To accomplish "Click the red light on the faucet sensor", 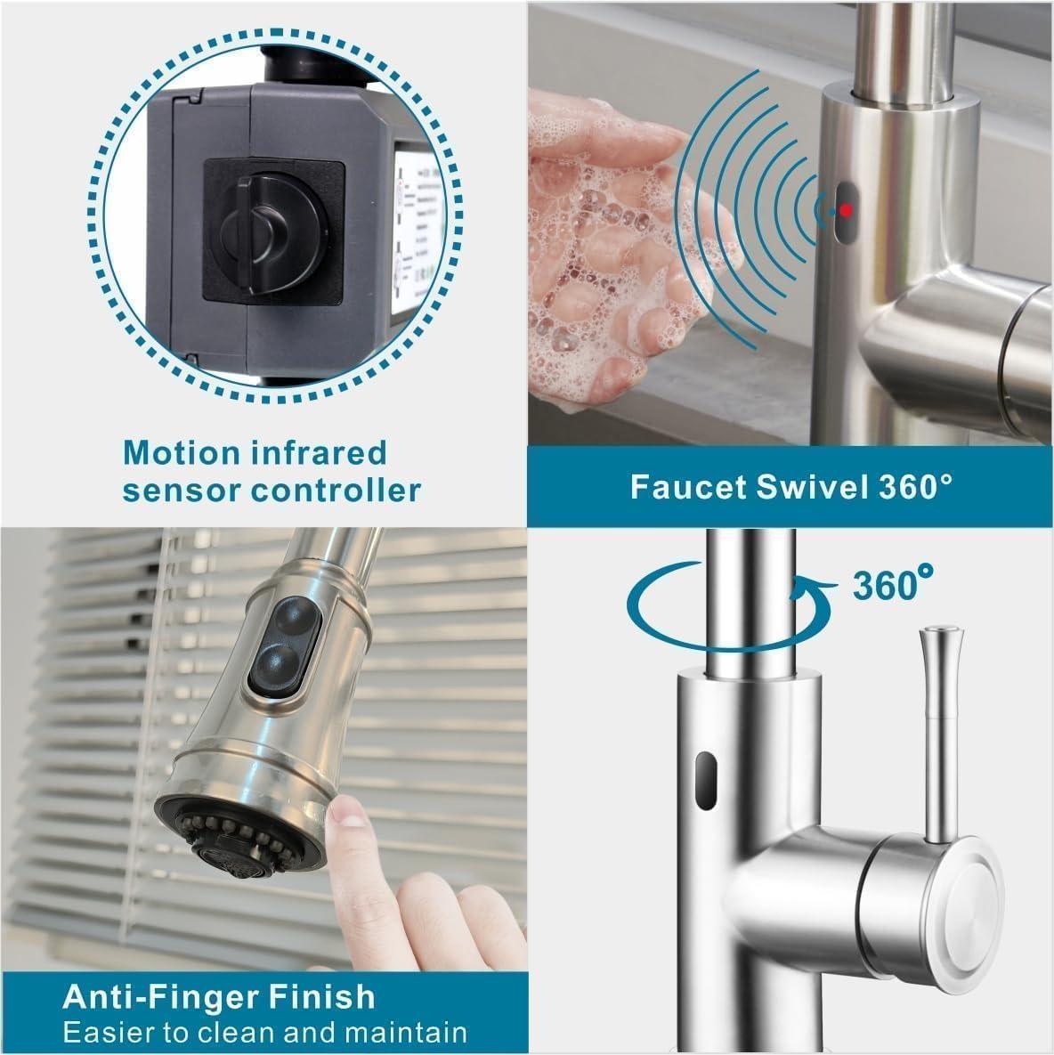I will [x=847, y=209].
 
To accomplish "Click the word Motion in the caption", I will [x=182, y=452].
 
